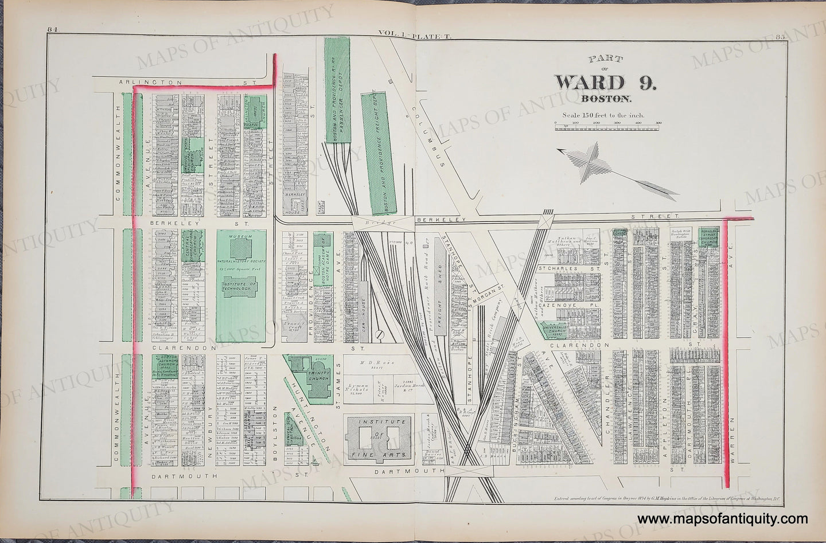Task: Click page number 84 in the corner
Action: (x=54, y=37)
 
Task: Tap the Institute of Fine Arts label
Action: (x=381, y=437)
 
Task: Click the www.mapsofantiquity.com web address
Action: (x=726, y=519)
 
